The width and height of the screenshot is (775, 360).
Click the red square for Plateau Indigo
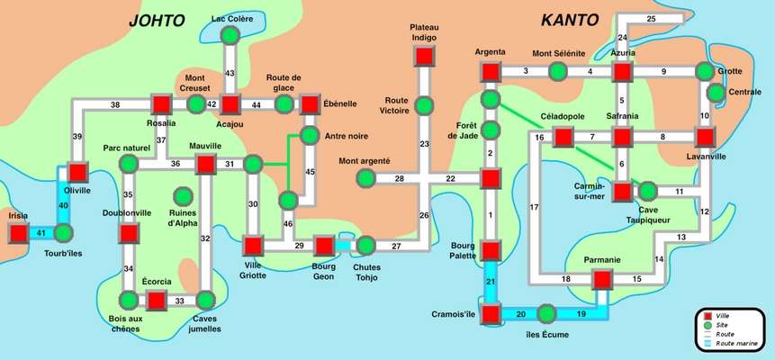click(x=424, y=56)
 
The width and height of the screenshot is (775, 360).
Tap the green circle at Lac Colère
click(x=230, y=36)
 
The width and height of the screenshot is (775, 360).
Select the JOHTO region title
click(x=157, y=21)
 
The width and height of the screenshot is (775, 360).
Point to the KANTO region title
click(x=570, y=21)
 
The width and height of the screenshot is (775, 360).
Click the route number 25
click(x=651, y=19)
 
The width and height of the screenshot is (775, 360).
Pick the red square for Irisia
click(x=19, y=233)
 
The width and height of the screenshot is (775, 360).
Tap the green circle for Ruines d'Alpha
click(x=183, y=197)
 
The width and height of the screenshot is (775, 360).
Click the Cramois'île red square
click(x=491, y=314)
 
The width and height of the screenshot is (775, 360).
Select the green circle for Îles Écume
click(x=546, y=314)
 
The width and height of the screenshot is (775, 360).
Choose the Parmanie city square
click(x=602, y=280)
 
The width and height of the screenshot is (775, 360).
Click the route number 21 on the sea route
click(x=491, y=282)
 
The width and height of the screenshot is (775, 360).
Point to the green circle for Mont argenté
click(x=365, y=178)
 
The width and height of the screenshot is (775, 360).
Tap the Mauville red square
click(x=205, y=164)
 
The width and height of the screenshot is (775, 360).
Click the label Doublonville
click(x=127, y=212)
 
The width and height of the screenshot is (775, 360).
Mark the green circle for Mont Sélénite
click(x=557, y=72)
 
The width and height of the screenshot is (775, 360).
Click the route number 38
click(x=115, y=104)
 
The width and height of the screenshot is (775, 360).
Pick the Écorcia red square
click(x=157, y=301)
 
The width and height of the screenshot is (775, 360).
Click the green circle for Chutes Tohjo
click(x=365, y=246)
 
